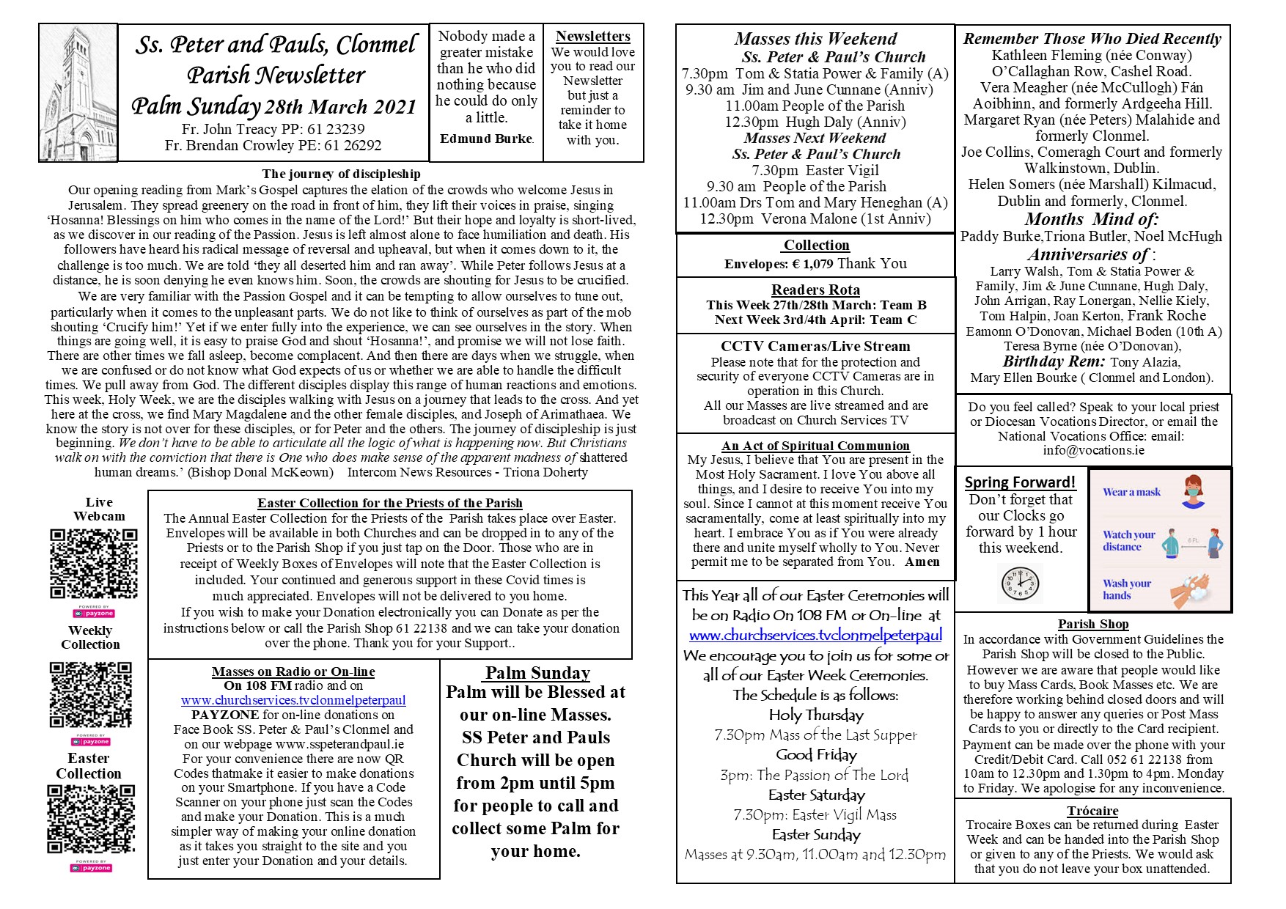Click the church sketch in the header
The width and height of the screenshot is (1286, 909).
(78, 93)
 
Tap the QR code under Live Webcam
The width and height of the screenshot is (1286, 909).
(93, 564)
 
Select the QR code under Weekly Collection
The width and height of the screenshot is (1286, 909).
(91, 694)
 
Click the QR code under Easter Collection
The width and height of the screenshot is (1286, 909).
(91, 820)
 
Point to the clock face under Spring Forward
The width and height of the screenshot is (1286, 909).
(1020, 584)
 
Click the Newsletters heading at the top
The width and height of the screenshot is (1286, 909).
(592, 36)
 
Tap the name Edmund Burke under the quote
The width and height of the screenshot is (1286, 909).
(486, 139)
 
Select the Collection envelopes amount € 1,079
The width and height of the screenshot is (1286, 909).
(802, 264)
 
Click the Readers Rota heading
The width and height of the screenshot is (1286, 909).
(815, 290)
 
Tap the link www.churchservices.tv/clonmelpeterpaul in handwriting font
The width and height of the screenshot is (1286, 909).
(815, 636)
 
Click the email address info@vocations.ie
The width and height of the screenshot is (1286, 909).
(1093, 450)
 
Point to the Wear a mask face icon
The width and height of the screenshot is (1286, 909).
(1193, 490)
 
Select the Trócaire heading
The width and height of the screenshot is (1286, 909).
(1092, 811)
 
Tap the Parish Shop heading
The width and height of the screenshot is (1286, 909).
(1092, 624)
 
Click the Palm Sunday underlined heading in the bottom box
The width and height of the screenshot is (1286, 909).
(537, 673)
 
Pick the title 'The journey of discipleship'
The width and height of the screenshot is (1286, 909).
(341, 174)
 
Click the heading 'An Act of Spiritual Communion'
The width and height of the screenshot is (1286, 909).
(815, 446)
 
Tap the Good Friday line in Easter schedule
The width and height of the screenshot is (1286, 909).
(816, 755)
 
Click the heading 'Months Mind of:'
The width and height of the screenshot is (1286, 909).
(1091, 219)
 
